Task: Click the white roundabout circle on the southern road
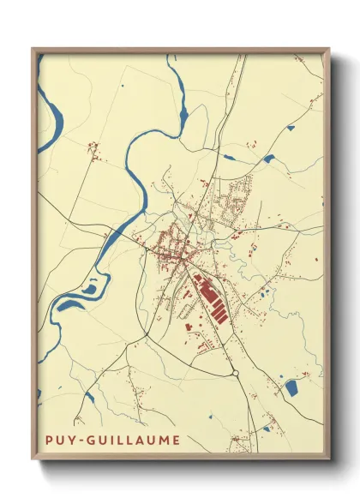point(235,373)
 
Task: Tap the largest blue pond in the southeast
point(291,388)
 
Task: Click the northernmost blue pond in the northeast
point(290,128)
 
